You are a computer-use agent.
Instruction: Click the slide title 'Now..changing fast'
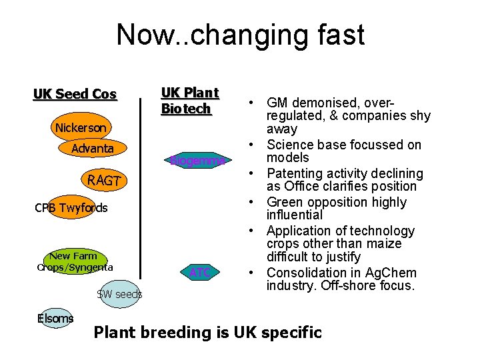[240, 35]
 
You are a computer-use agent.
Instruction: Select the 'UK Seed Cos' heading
[75, 94]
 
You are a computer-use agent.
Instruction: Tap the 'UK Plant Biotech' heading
[189, 101]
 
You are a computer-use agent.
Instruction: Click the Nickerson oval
[80, 127]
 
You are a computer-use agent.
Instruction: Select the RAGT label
[103, 180]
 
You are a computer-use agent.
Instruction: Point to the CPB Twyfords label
[71, 208]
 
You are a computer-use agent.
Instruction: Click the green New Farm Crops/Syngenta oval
[73, 261]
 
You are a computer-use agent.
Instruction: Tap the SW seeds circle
[119, 294]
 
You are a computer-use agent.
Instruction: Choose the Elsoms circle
[55, 319]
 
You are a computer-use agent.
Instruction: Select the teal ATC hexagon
[199, 272]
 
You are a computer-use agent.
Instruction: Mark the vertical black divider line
[140, 187]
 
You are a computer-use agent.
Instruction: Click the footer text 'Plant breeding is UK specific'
[207, 332]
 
